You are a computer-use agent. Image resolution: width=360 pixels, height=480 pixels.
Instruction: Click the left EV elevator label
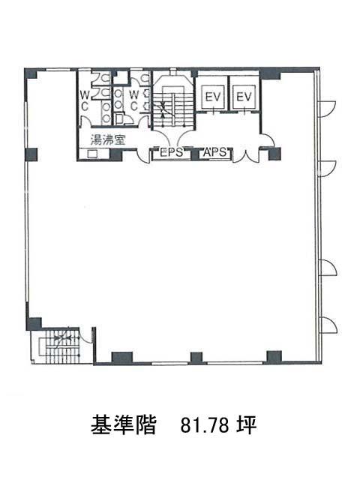click(213, 97)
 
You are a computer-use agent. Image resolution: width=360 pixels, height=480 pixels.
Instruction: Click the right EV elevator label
click(244, 97)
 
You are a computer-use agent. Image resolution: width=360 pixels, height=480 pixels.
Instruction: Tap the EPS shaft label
click(171, 152)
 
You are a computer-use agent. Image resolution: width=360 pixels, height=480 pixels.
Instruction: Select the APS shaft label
click(214, 152)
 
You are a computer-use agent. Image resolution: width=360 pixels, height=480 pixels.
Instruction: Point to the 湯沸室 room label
click(107, 140)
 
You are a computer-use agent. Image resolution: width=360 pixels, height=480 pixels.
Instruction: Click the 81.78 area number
click(205, 424)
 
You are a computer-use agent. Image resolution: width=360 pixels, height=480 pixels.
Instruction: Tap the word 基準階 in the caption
click(123, 424)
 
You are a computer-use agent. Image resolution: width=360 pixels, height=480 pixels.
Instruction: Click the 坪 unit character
click(247, 424)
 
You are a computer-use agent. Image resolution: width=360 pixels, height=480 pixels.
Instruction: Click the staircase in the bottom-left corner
click(60, 346)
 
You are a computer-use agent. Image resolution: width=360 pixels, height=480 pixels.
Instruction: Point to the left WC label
click(85, 100)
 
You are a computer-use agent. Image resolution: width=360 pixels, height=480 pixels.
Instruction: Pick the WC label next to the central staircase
click(133, 100)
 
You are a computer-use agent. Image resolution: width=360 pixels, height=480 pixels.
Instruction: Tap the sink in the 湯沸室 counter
click(92, 154)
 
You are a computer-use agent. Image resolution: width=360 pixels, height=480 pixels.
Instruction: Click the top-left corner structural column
click(31, 73)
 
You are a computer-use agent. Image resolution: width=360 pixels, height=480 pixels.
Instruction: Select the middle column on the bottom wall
click(196, 358)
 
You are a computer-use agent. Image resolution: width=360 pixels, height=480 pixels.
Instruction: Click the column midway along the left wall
click(31, 154)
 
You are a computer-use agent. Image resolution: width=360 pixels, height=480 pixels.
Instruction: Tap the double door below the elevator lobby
click(246, 156)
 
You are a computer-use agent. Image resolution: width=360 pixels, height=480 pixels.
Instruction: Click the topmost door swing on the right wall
click(327, 109)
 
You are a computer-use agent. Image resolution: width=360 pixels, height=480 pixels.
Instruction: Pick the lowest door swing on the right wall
click(328, 325)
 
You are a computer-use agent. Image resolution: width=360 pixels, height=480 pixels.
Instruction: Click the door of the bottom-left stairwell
click(86, 335)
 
